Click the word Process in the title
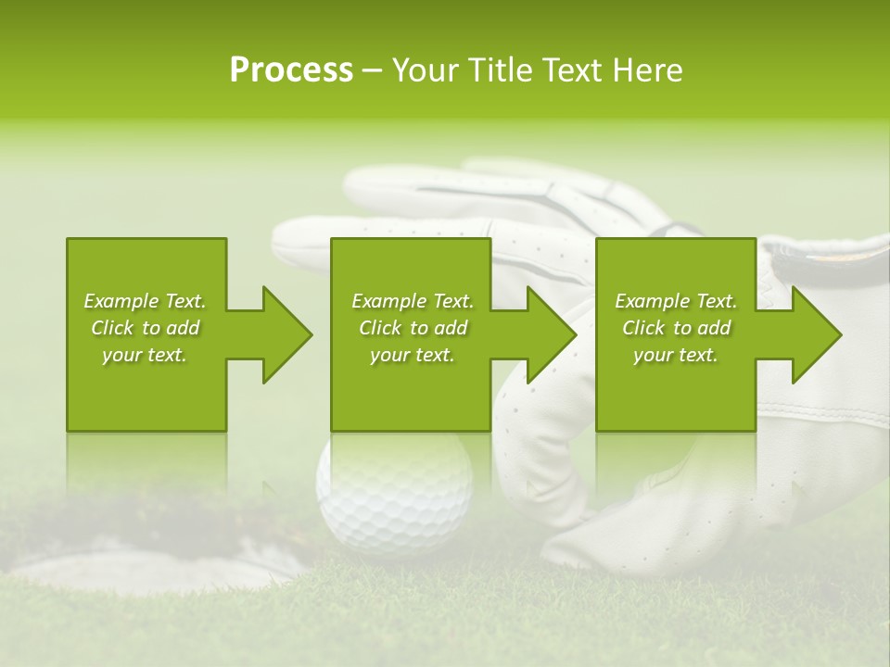click(x=291, y=70)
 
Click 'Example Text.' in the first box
click(x=145, y=301)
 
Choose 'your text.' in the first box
click(x=145, y=355)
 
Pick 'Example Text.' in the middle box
click(x=413, y=301)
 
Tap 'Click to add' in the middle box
click(x=413, y=328)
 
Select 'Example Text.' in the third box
click(x=676, y=301)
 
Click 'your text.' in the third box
click(x=676, y=355)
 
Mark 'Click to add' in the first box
click(x=145, y=328)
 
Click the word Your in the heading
click(x=425, y=70)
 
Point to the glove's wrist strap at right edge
click(x=825, y=259)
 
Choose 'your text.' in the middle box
click(x=413, y=355)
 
